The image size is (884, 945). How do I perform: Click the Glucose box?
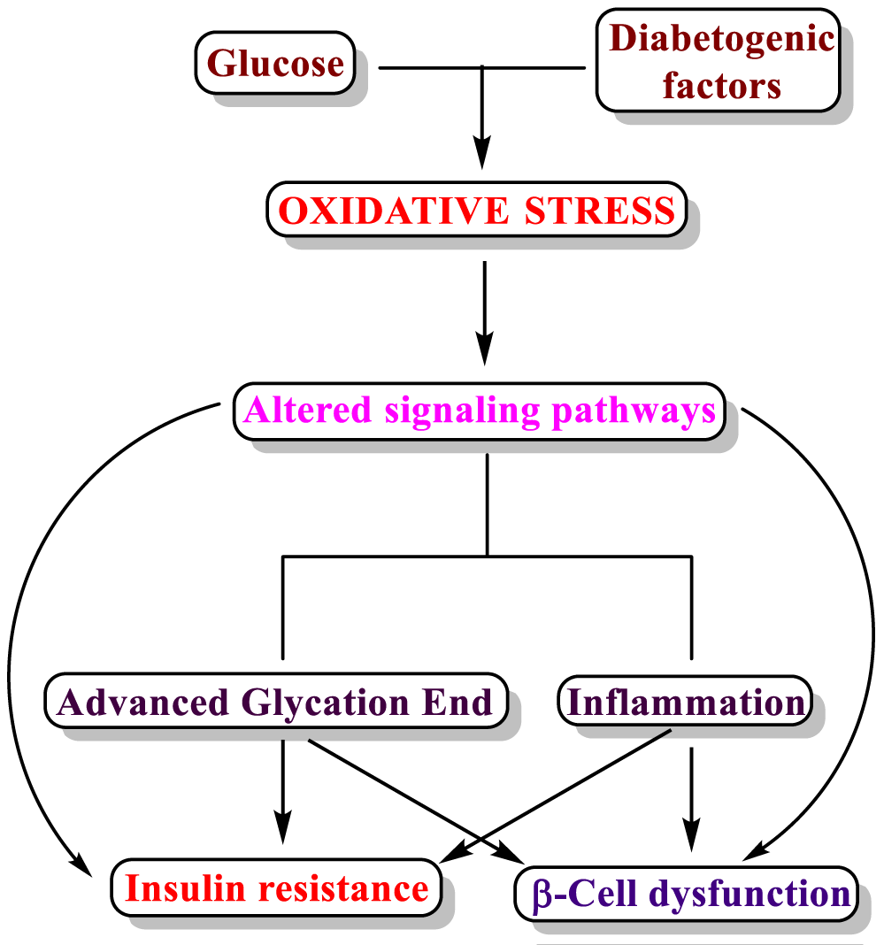[275, 64]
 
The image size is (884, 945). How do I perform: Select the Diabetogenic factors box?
[719, 60]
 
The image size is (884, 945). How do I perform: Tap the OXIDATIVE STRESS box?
[477, 210]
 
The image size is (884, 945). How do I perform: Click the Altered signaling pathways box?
[479, 411]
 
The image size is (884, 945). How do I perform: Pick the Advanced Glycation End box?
[276, 701]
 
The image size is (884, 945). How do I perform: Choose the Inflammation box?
[685, 702]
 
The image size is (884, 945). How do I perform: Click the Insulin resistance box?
[277, 887]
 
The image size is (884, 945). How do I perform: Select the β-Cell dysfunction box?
[687, 894]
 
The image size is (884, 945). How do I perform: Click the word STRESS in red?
[600, 211]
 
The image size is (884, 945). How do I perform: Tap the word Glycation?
[326, 703]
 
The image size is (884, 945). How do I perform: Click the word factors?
[722, 86]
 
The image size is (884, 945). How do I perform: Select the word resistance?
[343, 888]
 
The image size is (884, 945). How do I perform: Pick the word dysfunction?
[749, 895]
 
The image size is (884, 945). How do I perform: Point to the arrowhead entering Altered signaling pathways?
[485, 349]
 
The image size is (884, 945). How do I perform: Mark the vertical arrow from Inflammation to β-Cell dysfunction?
[691, 799]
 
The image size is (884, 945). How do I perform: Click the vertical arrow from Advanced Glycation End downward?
[282, 792]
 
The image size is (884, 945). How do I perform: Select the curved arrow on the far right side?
[872, 633]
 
